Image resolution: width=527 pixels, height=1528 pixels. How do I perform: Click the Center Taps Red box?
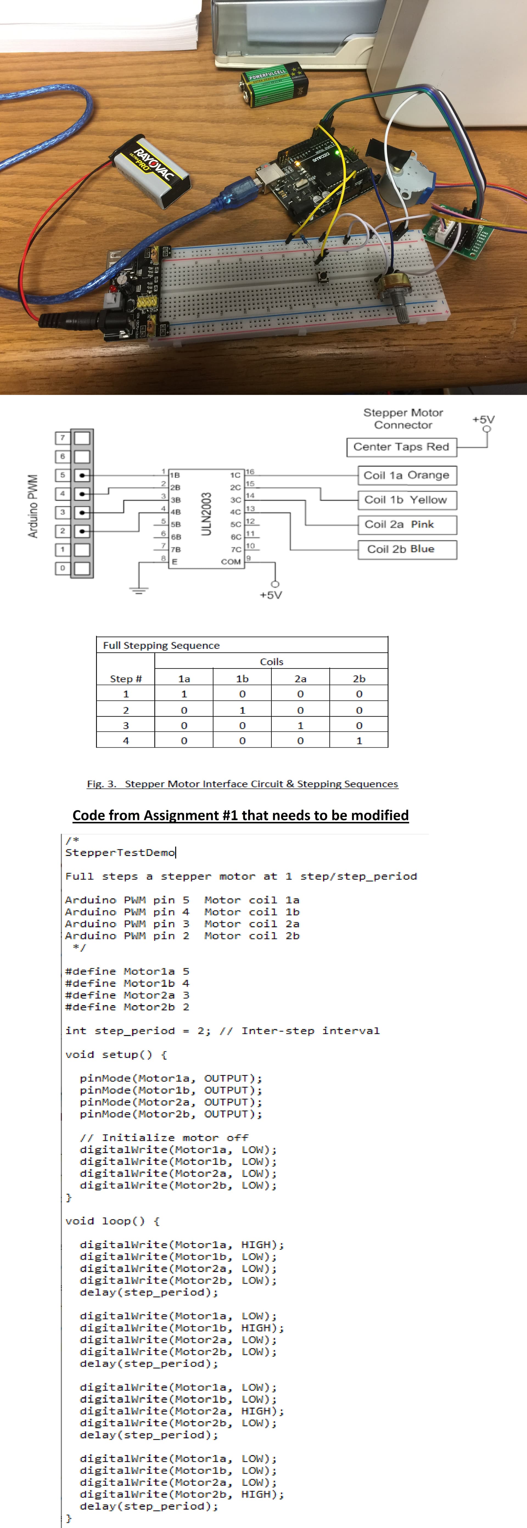[x=401, y=447]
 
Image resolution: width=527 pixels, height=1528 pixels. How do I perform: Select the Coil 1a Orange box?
[x=407, y=475]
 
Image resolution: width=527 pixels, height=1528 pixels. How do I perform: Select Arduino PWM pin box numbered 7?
[x=62, y=438]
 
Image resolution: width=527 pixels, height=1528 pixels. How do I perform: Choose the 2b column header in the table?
[x=359, y=679]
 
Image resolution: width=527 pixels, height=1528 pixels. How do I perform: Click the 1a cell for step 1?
[x=184, y=694]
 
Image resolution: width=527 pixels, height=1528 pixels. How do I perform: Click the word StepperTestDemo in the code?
[x=120, y=852]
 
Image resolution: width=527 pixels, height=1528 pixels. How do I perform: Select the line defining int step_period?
[x=222, y=1031]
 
